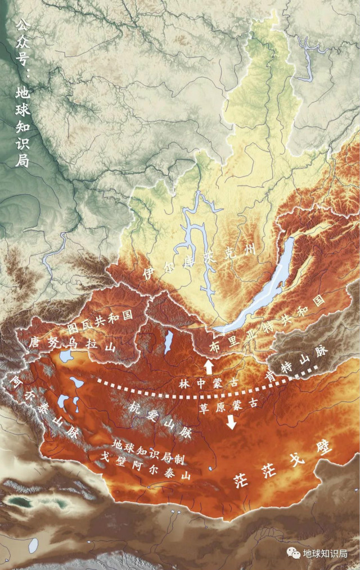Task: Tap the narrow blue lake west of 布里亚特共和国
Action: (168, 341)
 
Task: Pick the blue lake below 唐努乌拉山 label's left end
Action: (66, 356)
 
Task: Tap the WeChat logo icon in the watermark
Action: (293, 553)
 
